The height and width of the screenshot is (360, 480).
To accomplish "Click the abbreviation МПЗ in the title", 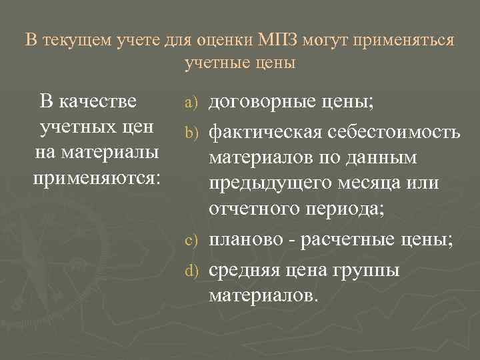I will pos(276,40).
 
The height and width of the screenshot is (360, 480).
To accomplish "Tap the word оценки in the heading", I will pos(223,40).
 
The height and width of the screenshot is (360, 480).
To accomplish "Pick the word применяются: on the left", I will pos(97,178).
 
